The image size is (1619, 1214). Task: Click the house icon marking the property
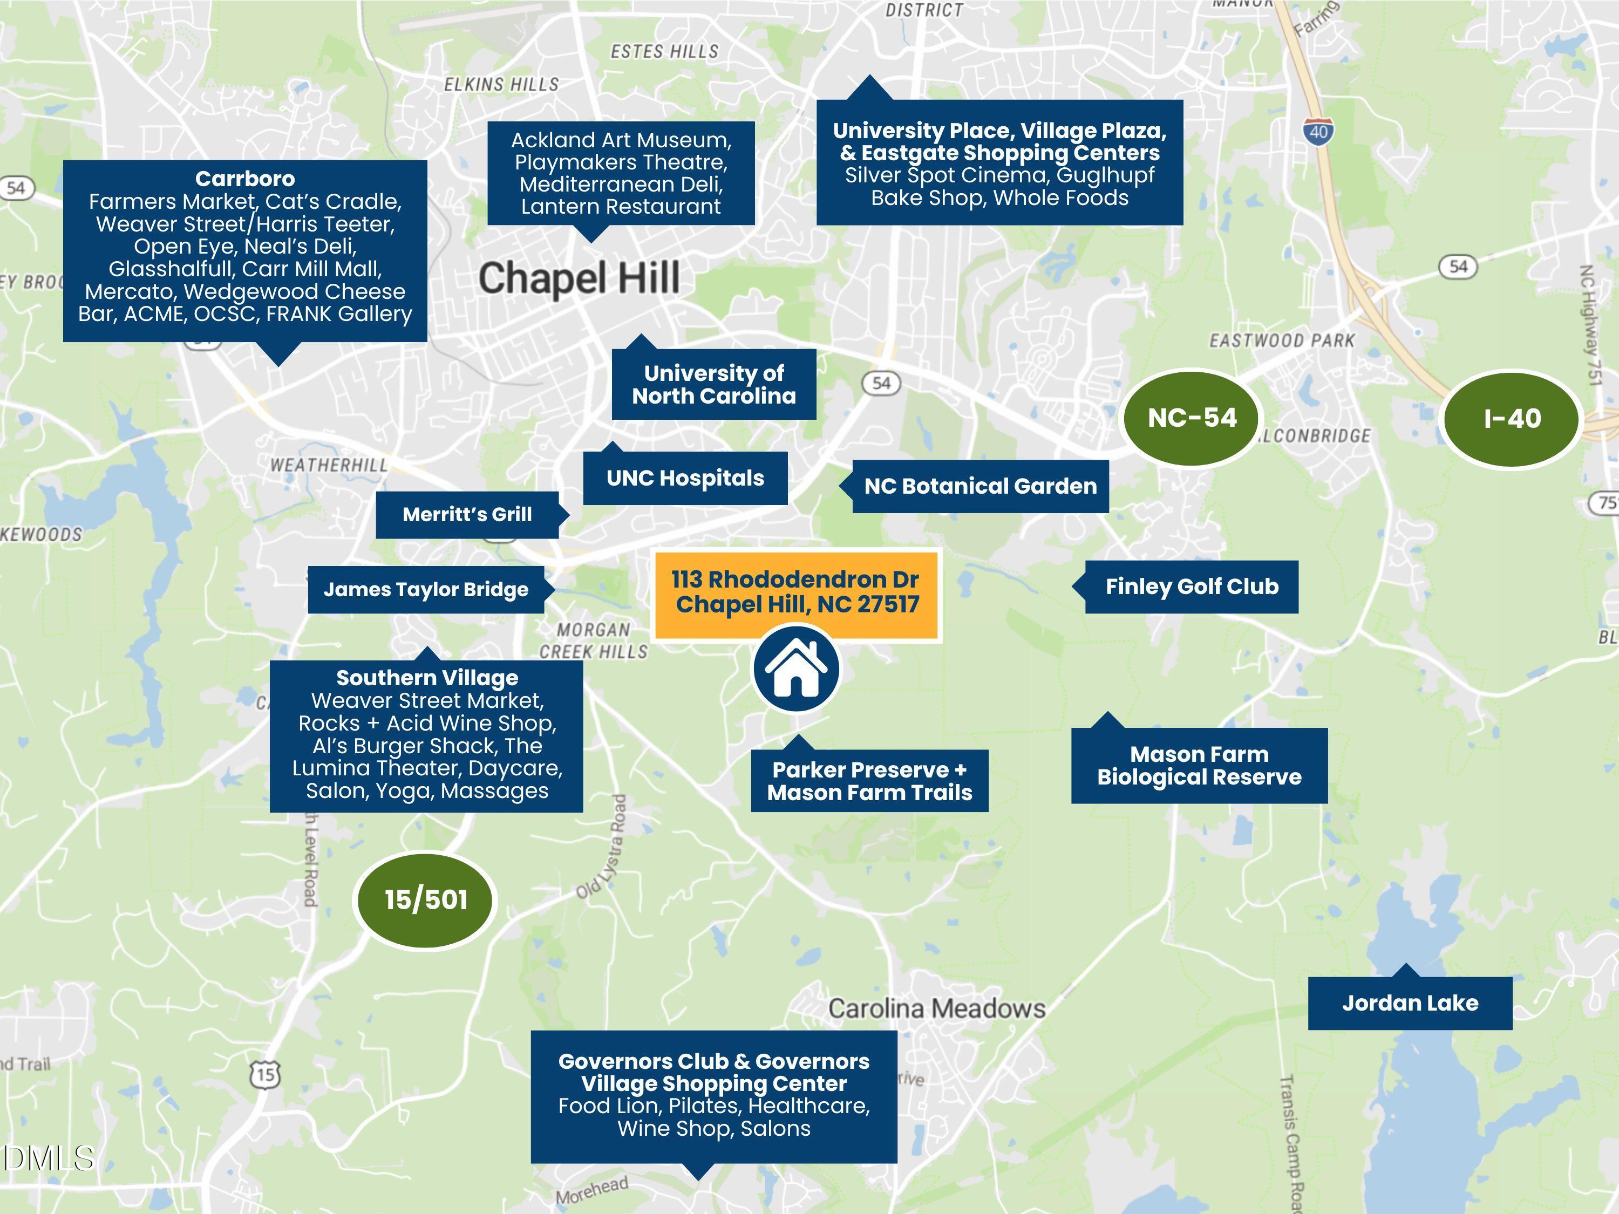797,667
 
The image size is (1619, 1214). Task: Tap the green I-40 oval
1512,419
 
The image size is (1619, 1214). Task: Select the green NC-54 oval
1192,418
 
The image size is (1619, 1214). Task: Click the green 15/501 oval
425,899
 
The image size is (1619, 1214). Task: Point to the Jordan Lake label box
1410,1002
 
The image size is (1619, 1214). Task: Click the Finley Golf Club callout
1191,587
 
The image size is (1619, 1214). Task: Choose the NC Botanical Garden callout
980,487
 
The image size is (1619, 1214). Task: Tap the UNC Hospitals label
685,479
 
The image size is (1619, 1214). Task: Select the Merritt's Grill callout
467,514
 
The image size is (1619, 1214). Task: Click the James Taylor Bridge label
426,590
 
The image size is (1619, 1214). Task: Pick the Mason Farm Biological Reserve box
1199,766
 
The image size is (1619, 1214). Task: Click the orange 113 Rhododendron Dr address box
795,592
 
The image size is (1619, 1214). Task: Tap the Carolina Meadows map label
937,1008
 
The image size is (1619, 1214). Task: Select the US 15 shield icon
265,1074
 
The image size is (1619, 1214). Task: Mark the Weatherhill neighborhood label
329,466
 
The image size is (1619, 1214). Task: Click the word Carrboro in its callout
245,179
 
